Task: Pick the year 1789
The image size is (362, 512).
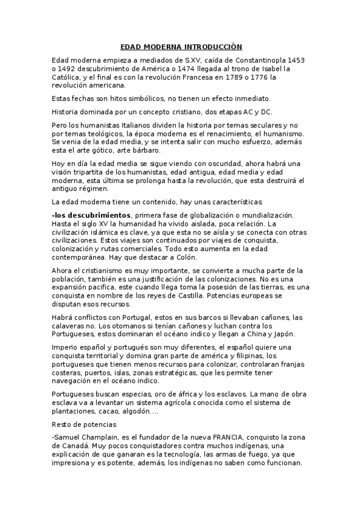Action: point(221,77)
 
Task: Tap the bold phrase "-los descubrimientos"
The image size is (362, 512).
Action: point(91,215)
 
